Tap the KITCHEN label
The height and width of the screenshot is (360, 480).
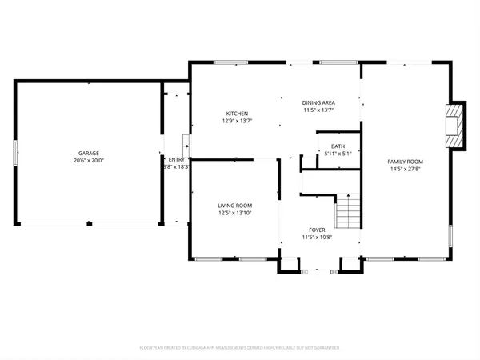pos(236,114)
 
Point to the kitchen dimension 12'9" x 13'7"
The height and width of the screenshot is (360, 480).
pos(236,121)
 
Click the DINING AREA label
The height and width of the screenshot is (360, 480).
pos(318,102)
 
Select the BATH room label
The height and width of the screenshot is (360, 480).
pos(338,146)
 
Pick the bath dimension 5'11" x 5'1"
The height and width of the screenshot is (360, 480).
pos(338,153)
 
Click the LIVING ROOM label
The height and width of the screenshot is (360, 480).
pos(235,206)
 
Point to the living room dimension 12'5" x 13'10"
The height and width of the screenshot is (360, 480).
pos(235,213)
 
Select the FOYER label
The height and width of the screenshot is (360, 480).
pos(318,230)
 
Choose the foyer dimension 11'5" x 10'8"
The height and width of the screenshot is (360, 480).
pos(318,237)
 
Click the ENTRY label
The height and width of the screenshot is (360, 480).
pos(176,160)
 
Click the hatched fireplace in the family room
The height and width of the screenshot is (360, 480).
pos(454,125)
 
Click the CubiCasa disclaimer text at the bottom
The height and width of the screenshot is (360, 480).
pos(240,348)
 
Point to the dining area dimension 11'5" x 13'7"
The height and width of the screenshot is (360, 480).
pos(318,110)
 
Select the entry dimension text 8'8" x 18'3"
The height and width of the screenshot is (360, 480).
pos(176,167)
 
